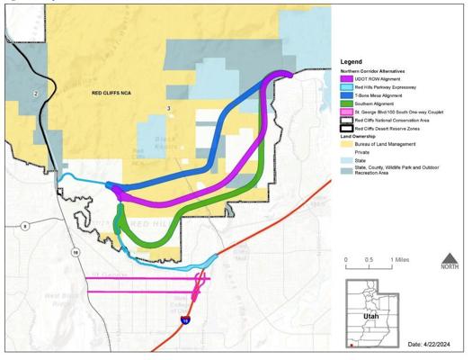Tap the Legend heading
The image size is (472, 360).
pyautogui.click(x=352, y=61)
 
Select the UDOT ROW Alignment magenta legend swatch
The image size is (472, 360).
pyautogui.click(x=346, y=79)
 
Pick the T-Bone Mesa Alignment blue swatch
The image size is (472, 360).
pyautogui.click(x=346, y=96)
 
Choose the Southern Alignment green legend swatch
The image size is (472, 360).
pyautogui.click(x=346, y=104)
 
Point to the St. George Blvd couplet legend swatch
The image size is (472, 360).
pyautogui.click(x=346, y=112)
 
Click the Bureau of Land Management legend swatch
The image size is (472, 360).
pyautogui.click(x=346, y=143)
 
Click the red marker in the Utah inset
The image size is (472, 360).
pyautogui.click(x=351, y=345)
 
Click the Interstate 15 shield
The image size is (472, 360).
pyautogui.click(x=185, y=319)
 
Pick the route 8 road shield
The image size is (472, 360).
pyautogui.click(x=25, y=224)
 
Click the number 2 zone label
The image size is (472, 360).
pyautogui.click(x=36, y=93)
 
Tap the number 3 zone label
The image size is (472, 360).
pyautogui.click(x=168, y=109)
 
